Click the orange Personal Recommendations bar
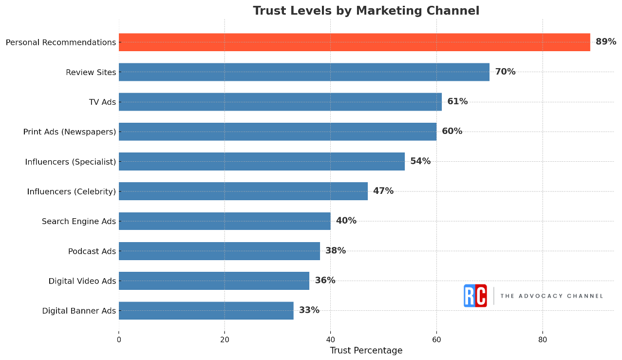(x=354, y=42)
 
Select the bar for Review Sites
(x=304, y=72)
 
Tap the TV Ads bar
(x=280, y=102)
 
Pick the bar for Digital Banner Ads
(x=206, y=310)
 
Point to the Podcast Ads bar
(x=219, y=251)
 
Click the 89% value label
(x=605, y=42)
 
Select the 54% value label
(x=420, y=161)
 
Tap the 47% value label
(x=383, y=191)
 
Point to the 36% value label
(x=325, y=281)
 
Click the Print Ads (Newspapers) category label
(x=70, y=132)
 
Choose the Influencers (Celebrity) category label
(x=72, y=191)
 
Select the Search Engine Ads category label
(x=79, y=222)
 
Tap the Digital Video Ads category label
(x=82, y=281)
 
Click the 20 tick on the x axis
(x=225, y=340)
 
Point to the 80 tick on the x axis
(x=542, y=340)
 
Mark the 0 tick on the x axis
(x=119, y=340)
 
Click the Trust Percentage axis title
(x=366, y=351)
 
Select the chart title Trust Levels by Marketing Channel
(x=366, y=11)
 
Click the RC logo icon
(x=475, y=296)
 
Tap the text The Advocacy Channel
(x=551, y=296)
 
